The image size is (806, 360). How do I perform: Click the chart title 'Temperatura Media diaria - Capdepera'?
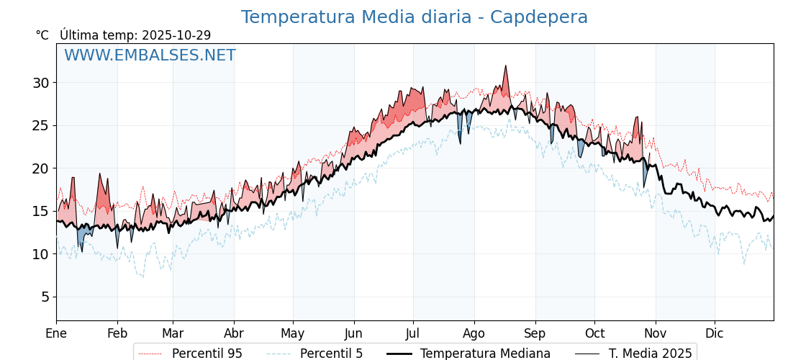pyautogui.click(x=414, y=17)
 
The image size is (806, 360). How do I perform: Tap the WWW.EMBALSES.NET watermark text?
pyautogui.click(x=150, y=55)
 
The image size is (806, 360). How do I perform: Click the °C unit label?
pyautogui.click(x=42, y=35)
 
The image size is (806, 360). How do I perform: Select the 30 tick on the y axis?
pyautogui.click(x=40, y=83)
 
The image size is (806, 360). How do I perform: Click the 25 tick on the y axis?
pyautogui.click(x=40, y=125)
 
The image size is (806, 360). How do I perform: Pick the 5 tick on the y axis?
pyautogui.click(x=45, y=297)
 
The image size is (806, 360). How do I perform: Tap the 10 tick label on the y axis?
pyautogui.click(x=40, y=254)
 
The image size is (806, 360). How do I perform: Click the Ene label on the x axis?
pyautogui.click(x=56, y=333)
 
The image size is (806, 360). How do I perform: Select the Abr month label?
pyautogui.click(x=234, y=333)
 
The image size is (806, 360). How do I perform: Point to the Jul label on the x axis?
pyautogui.click(x=413, y=333)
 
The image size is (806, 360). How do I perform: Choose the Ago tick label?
pyautogui.click(x=474, y=333)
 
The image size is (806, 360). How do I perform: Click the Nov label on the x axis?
pyautogui.click(x=656, y=333)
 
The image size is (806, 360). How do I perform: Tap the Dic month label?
pyautogui.click(x=715, y=333)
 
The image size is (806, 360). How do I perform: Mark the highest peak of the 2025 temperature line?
pyautogui.click(x=506, y=66)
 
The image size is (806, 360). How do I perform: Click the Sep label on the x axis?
pyautogui.click(x=535, y=333)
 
